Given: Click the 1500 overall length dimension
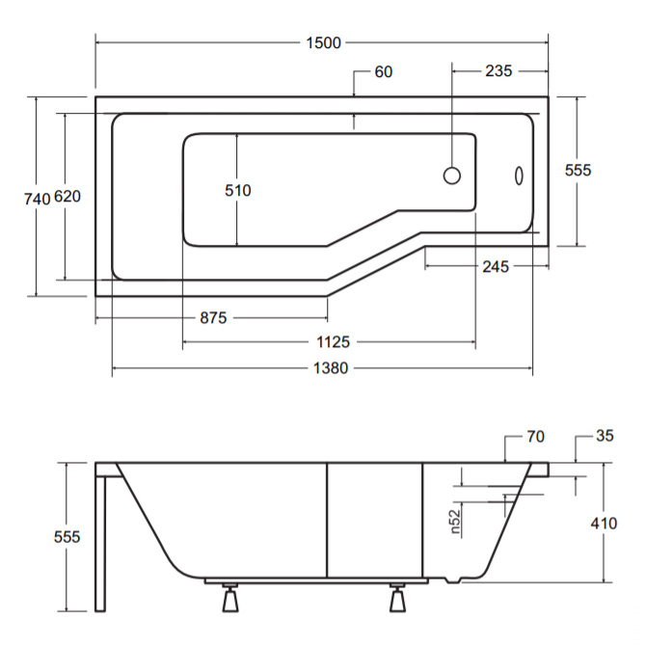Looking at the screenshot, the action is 323,42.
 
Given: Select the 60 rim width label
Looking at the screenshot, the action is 384,71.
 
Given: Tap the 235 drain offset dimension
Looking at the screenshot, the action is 498,70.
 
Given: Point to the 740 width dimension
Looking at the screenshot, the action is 37,199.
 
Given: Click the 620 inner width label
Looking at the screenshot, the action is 67,197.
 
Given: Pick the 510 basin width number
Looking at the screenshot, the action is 238,190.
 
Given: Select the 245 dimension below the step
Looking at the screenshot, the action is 496,266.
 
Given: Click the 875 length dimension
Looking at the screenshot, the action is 213,317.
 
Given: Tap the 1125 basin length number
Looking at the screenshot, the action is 333,342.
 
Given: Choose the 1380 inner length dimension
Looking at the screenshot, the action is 331,368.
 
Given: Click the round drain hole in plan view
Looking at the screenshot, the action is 452,175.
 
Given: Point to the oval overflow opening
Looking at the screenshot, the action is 519,175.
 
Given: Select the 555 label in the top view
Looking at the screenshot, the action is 578,170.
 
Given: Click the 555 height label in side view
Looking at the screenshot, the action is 67,537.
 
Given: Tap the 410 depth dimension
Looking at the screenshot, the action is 604,524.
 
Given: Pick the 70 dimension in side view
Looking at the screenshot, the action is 535,437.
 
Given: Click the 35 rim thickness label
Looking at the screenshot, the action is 605,436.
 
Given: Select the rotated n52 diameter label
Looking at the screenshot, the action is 455,522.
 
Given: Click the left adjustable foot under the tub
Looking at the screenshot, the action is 229,597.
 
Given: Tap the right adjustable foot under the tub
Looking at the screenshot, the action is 397,597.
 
